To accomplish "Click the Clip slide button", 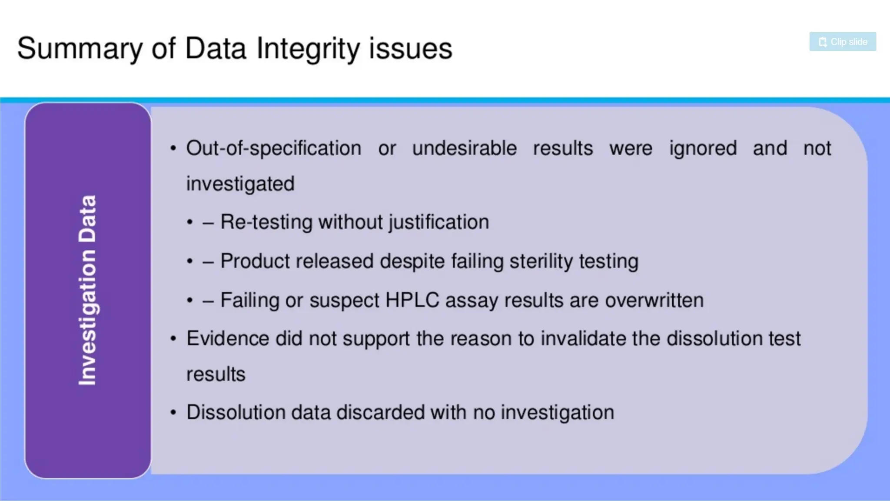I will pos(842,42).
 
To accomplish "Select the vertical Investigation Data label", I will pos(87,290).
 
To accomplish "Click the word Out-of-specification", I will pos(274,148).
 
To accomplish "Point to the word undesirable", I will pos(464,148).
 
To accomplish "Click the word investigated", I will pos(240,184).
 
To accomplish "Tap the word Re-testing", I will pos(266,222).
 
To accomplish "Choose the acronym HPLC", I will pos(412,300).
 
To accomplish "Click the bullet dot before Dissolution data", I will pos(173,412).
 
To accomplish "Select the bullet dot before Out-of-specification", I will pos(173,149).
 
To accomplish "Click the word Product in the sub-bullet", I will pos(254,261).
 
